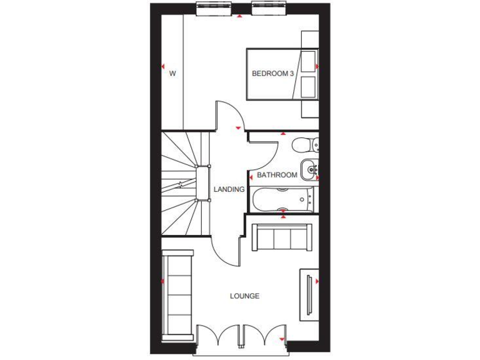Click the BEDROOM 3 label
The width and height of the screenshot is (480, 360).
272,74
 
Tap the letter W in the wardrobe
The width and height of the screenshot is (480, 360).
172,74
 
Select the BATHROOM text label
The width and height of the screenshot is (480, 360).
277,175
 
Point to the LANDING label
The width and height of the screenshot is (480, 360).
228,189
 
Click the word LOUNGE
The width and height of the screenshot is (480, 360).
244,296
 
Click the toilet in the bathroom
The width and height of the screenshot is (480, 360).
305,144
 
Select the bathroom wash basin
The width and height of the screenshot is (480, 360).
309,167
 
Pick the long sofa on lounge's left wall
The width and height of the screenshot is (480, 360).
177,293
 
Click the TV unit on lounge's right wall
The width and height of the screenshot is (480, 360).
309,294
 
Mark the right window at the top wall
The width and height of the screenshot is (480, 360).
269,8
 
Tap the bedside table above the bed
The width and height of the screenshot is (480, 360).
309,39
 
